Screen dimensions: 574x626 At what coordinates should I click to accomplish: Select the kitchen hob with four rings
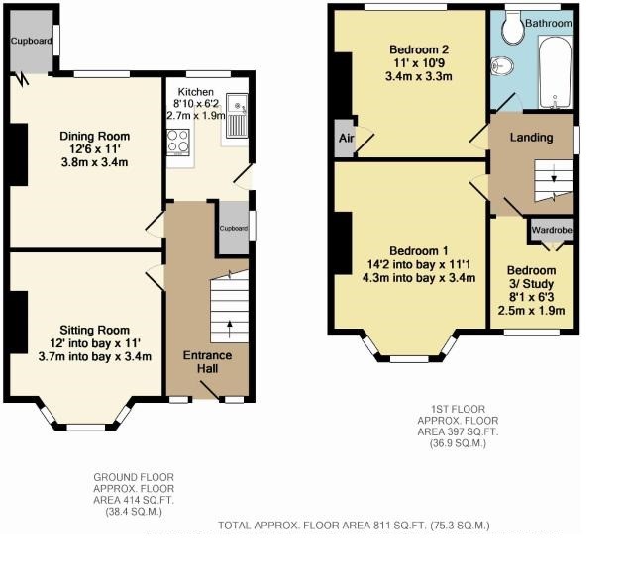(x=179, y=143)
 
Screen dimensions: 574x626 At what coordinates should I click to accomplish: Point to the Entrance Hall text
(x=208, y=362)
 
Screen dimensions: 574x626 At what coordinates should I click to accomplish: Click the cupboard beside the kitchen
(x=234, y=227)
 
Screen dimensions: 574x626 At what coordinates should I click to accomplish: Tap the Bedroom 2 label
(x=411, y=49)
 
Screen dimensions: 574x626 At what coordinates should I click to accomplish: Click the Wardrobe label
(x=551, y=230)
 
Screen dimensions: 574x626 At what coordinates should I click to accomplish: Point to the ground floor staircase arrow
(x=229, y=323)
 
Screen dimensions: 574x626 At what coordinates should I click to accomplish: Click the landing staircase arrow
(x=554, y=179)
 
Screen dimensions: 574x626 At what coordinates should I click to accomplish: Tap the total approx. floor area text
(x=354, y=525)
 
